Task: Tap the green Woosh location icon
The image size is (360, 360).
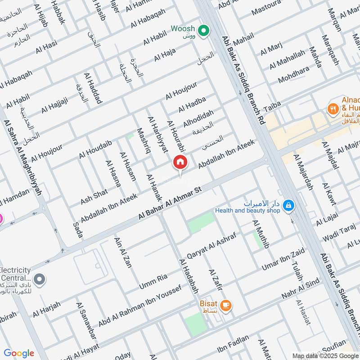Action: tap(204, 31)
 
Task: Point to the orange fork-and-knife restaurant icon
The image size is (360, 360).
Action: tap(333, 108)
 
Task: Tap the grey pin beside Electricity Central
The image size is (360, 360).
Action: tap(40, 280)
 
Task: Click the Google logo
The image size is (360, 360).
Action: tap(19, 353)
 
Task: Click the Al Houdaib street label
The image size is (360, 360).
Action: tap(95, 149)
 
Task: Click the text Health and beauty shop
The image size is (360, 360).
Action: tap(247, 210)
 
